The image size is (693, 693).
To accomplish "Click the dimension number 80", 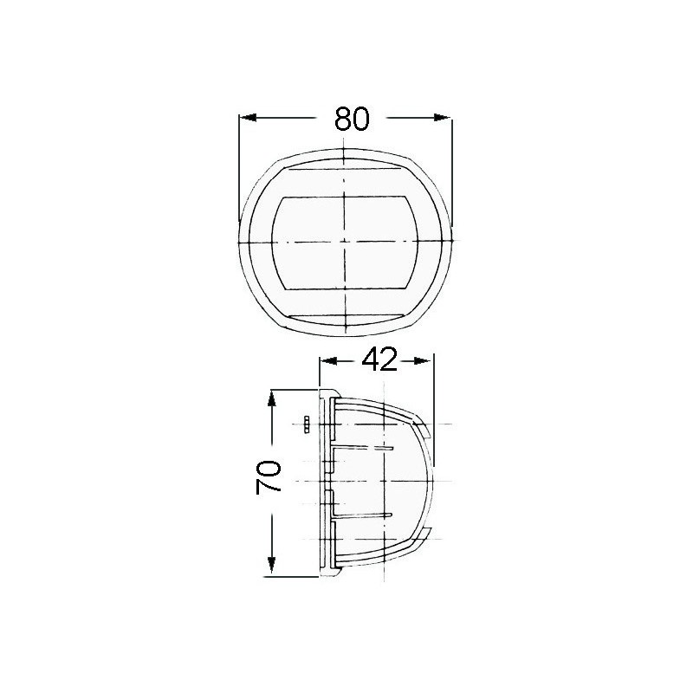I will [x=352, y=118].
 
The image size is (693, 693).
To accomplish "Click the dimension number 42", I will [x=379, y=359].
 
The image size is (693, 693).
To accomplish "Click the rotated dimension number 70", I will [x=270, y=478].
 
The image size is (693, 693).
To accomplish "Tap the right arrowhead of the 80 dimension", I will [x=444, y=118].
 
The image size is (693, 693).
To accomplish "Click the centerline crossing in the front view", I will [x=345, y=239].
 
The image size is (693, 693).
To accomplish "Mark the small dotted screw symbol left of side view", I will [x=307, y=424].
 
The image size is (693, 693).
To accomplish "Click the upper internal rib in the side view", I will [x=364, y=447].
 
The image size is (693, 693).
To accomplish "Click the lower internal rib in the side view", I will [x=364, y=515].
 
